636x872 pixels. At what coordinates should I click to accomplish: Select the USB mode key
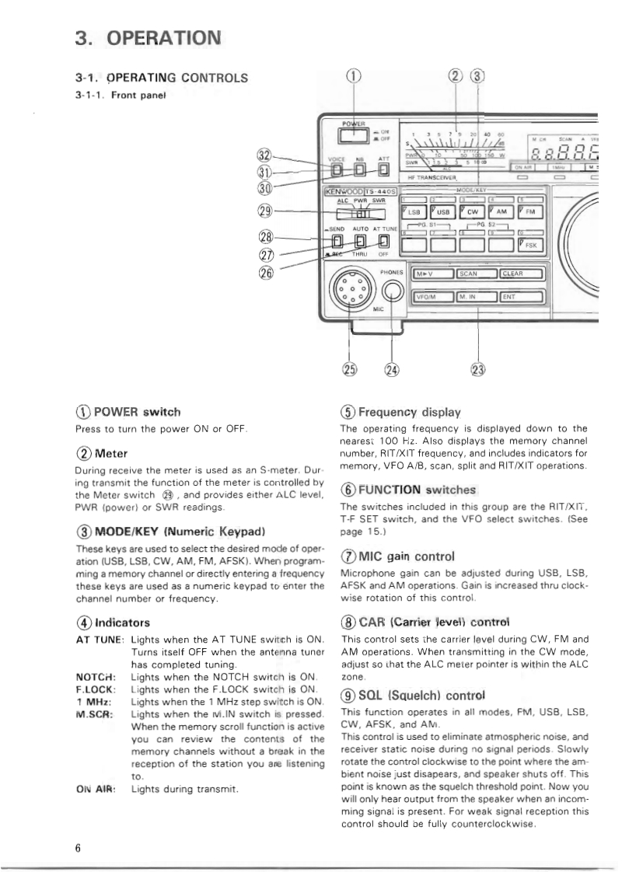pos(443,212)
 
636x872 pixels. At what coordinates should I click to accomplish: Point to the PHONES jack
pos(393,291)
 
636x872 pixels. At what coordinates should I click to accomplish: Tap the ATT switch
pos(383,169)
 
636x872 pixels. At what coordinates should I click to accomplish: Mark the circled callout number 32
pos(267,155)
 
